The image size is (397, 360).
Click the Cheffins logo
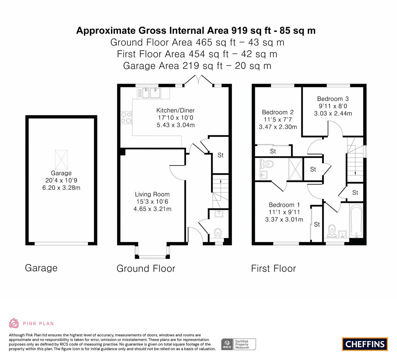(365, 344)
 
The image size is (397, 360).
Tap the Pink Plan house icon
(14, 323)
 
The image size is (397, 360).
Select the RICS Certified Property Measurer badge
(239, 344)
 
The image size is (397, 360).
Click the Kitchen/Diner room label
(175, 110)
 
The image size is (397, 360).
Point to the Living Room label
(152, 194)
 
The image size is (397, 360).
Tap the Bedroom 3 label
(333, 99)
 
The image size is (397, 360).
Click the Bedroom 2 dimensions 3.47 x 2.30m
(278, 127)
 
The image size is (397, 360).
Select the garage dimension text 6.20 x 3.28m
(61, 188)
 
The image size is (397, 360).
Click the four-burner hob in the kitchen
(126, 118)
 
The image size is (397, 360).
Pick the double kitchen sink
(151, 93)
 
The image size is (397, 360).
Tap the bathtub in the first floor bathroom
(356, 221)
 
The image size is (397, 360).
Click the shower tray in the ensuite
(295, 169)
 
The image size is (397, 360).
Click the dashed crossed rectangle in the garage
(61, 160)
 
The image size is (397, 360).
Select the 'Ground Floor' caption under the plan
(146, 269)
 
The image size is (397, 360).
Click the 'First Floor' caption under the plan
(273, 269)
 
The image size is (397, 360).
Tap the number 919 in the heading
(239, 31)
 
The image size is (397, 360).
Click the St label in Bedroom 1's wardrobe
(317, 224)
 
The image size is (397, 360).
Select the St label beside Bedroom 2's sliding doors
(273, 151)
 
